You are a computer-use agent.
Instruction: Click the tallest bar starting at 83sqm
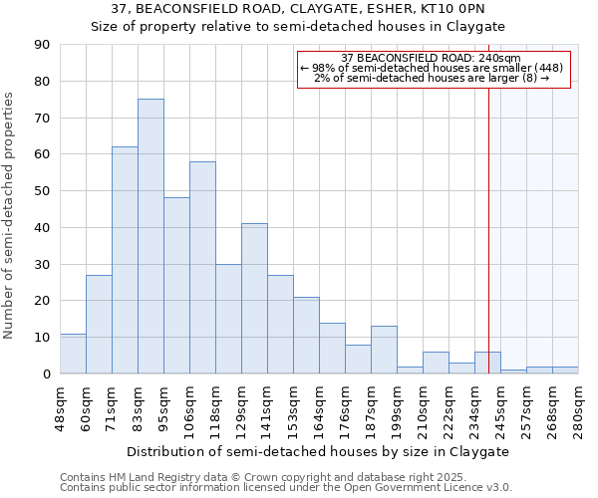[x=150, y=236]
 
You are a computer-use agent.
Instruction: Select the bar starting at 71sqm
[x=125, y=260]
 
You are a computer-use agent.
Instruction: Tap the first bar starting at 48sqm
[x=73, y=354]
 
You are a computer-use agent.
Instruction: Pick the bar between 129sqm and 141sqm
[x=254, y=299]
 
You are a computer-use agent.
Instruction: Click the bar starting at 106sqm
[x=202, y=267]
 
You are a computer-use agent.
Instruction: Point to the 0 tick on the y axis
[x=46, y=374]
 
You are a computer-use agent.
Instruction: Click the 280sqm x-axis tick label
[x=578, y=409]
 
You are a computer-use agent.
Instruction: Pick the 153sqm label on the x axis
[x=293, y=409]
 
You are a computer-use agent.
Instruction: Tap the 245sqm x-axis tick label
[x=500, y=409]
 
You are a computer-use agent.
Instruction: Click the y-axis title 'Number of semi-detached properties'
[x=9, y=214]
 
